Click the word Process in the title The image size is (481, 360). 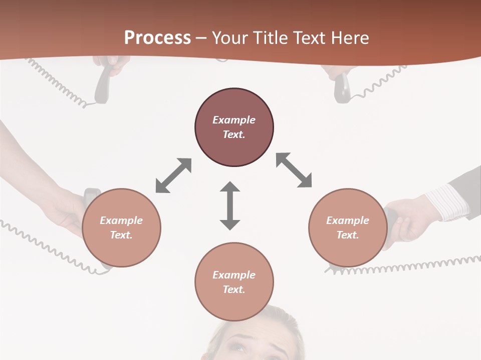tap(157, 38)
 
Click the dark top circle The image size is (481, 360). tap(234, 127)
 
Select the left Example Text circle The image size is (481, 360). tap(121, 227)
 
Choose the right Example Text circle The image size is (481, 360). tap(348, 227)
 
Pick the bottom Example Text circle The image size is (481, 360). tap(234, 281)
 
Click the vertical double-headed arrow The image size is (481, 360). tap(230, 205)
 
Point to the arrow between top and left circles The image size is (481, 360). tap(173, 175)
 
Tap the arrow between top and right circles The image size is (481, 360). tap(294, 170)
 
